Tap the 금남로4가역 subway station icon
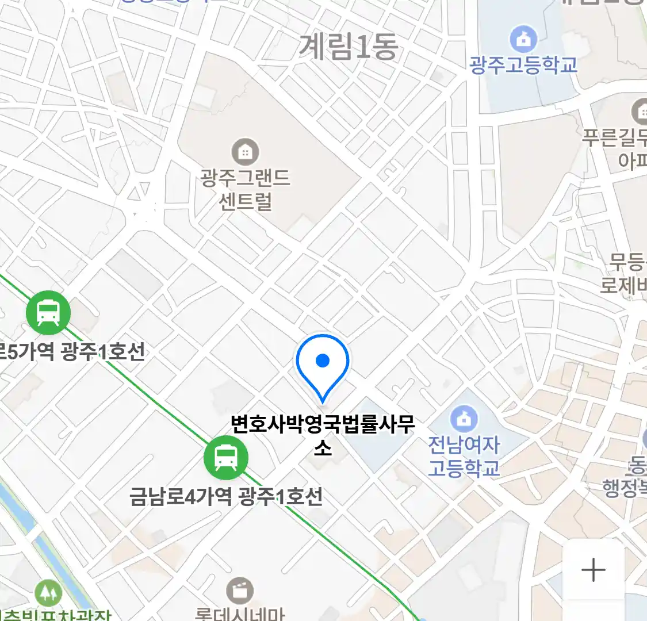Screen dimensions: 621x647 coord(226,458)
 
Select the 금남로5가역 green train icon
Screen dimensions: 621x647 coord(48,313)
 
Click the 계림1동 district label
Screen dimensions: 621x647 coord(348,47)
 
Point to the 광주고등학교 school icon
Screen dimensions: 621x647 coord(523,40)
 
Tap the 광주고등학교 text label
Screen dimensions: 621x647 coord(523,64)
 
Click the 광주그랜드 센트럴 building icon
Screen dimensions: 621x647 coord(245,152)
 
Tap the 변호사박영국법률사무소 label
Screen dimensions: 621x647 coord(323,434)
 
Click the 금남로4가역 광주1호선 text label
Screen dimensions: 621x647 coord(225,496)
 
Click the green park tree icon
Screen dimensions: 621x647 coord(48,593)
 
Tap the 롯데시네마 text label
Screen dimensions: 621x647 coord(240,614)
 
